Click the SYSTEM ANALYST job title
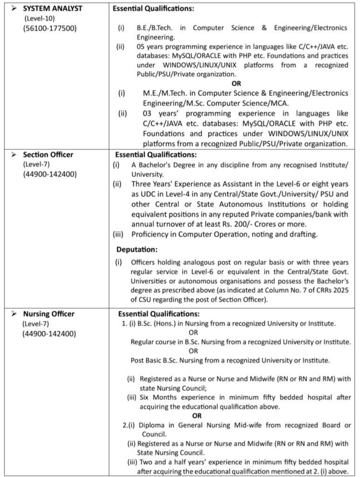click(x=53, y=8)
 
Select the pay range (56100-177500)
click(x=50, y=28)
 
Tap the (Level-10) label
click(x=41, y=18)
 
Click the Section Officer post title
click(x=48, y=154)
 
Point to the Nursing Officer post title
click(x=49, y=313)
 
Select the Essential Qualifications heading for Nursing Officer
click(x=159, y=314)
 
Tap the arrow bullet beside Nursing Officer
click(x=14, y=313)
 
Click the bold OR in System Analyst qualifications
click(x=237, y=83)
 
